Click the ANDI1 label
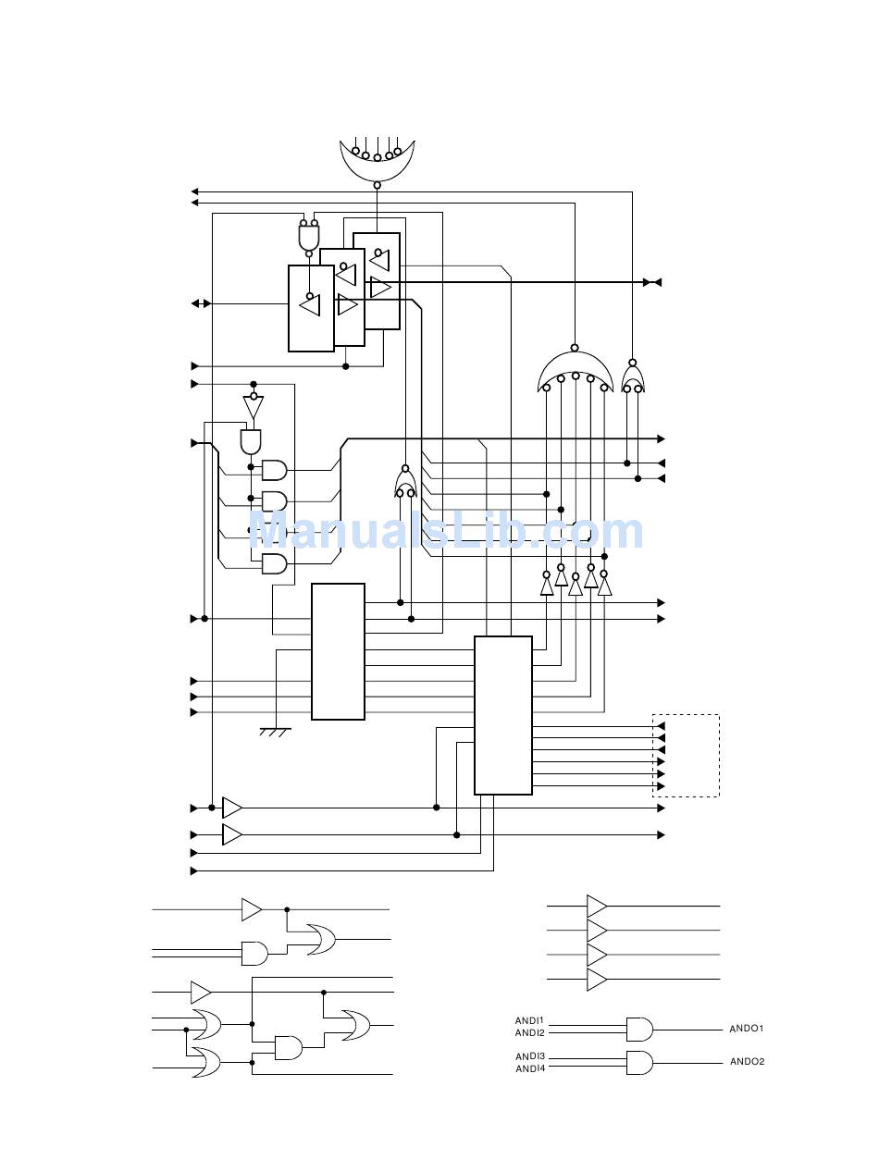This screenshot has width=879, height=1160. click(529, 1021)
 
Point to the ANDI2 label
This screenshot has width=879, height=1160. click(529, 1033)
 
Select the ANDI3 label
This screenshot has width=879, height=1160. click(529, 1056)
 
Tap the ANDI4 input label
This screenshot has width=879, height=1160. click(529, 1069)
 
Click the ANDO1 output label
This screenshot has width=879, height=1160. click(747, 1029)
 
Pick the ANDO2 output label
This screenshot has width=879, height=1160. click(747, 1062)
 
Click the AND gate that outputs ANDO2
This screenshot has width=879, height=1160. click(638, 1062)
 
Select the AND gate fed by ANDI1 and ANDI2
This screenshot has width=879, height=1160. click(638, 1029)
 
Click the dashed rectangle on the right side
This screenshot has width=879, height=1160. click(686, 755)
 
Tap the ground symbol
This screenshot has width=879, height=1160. click(275, 732)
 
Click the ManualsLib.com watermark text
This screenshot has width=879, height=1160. click(445, 532)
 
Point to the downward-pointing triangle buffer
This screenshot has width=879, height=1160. click(253, 407)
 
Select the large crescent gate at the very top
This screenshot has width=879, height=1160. click(377, 161)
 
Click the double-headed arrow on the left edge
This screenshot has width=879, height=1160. click(201, 303)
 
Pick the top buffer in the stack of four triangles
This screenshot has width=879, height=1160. click(597, 906)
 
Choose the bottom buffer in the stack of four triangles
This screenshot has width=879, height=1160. click(597, 979)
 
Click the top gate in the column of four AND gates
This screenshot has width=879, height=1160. click(275, 470)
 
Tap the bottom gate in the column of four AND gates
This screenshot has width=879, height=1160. click(275, 563)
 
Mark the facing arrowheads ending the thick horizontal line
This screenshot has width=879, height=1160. click(652, 282)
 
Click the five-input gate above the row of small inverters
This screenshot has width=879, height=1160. click(575, 372)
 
